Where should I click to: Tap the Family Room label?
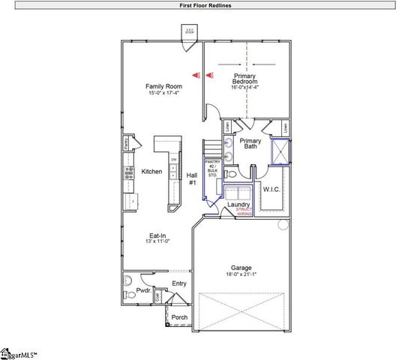(163, 87)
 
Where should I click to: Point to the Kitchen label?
(152, 172)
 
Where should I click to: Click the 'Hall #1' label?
(192, 178)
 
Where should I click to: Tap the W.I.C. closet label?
(271, 189)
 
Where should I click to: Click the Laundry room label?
(238, 204)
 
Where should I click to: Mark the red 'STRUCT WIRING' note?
(244, 212)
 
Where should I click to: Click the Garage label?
(241, 268)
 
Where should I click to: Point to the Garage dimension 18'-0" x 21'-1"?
(241, 275)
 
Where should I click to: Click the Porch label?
(180, 317)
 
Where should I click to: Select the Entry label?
(179, 283)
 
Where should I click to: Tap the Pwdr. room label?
(144, 289)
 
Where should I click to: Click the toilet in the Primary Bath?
(232, 173)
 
